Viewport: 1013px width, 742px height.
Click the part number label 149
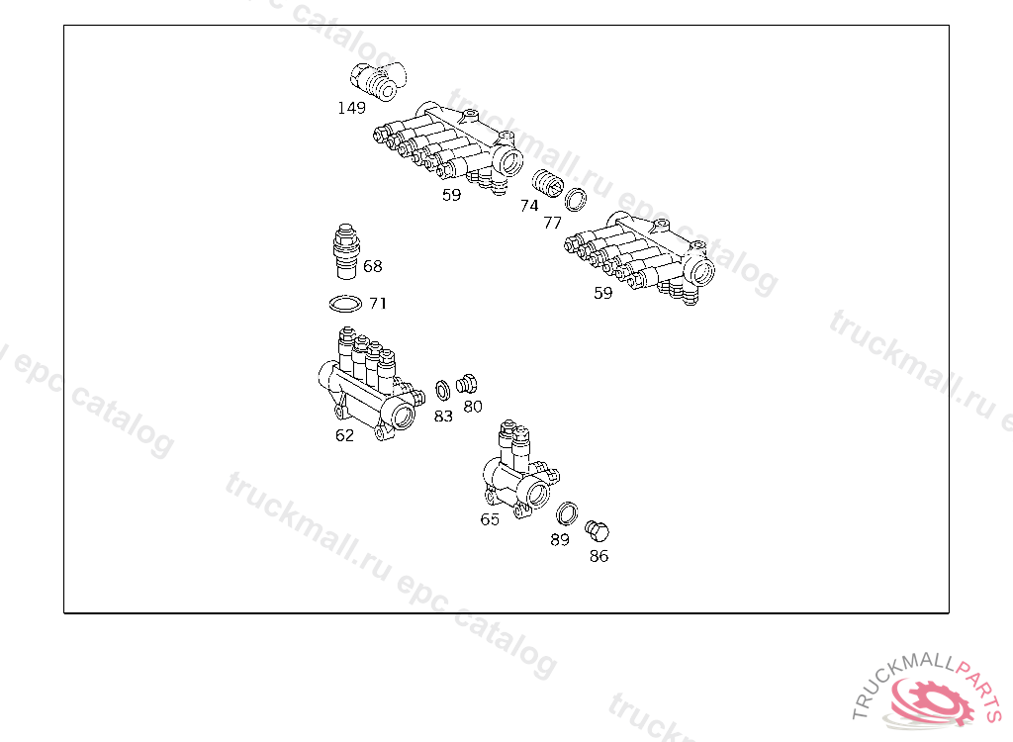351,108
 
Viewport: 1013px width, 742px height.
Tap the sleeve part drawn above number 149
379,81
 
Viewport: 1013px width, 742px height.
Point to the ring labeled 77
575,200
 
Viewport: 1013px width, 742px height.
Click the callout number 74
529,206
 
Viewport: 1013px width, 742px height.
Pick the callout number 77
552,223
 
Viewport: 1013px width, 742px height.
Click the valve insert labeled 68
346,251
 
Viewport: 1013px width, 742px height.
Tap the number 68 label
373,266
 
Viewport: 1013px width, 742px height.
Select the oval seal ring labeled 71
345,303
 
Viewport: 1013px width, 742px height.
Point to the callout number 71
378,303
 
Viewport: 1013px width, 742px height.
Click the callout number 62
344,435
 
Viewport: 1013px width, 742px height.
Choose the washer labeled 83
442,391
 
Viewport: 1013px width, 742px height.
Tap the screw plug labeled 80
467,384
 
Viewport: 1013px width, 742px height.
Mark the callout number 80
473,407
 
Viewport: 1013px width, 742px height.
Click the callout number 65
490,519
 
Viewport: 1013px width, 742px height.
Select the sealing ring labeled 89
567,513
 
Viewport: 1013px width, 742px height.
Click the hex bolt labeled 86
597,530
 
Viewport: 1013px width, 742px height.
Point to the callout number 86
599,556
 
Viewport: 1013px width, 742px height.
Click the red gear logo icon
930,699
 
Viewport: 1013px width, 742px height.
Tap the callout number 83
443,417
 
